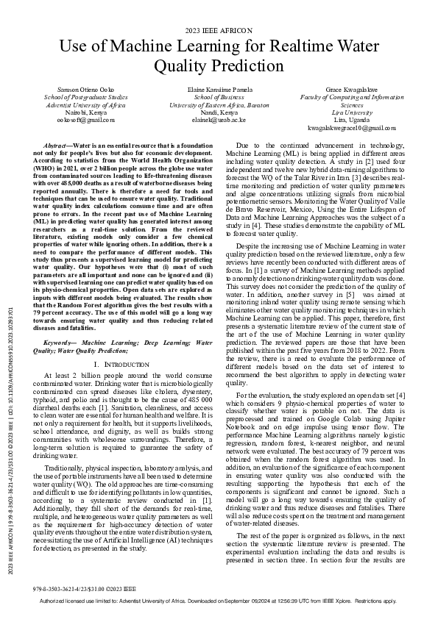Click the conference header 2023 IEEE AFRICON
pyautogui.click(x=219, y=30)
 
